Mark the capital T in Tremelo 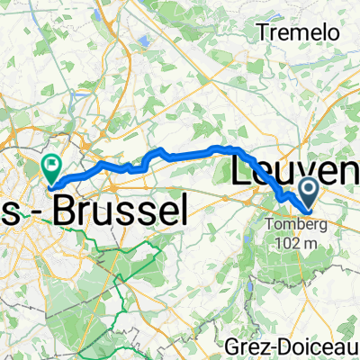(x=264, y=32)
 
